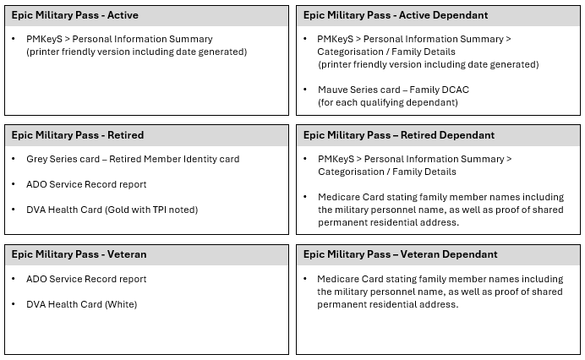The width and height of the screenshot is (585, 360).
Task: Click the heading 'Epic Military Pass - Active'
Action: click(75, 15)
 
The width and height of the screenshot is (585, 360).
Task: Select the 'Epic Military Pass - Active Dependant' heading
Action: click(396, 15)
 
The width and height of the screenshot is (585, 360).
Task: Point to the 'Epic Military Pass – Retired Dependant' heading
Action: click(400, 135)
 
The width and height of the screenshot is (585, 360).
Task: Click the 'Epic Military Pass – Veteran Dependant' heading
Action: click(401, 254)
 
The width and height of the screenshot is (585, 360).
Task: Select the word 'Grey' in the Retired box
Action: click(38, 159)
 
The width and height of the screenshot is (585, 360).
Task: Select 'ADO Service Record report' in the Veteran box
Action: click(86, 279)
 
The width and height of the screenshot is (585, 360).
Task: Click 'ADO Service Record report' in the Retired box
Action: click(86, 184)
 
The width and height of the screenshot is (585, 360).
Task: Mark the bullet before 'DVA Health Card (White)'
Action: click(14, 304)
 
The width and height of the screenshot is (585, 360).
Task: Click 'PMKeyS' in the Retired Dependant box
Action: click(337, 159)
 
